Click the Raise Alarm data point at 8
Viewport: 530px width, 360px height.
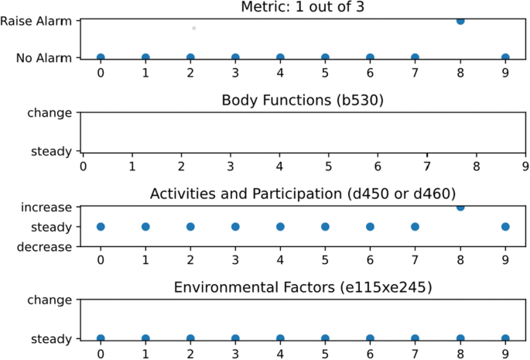[460, 20]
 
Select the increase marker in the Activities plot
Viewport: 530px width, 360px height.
[460, 207]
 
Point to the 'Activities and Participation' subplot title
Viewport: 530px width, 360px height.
[303, 194]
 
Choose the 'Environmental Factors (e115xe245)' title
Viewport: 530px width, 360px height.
[303, 287]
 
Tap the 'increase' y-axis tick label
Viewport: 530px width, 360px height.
[46, 207]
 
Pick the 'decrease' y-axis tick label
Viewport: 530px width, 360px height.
[45, 247]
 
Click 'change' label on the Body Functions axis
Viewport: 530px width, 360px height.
[50, 113]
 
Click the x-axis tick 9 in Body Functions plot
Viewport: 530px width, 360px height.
[525, 164]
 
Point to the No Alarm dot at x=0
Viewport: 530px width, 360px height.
[101, 57]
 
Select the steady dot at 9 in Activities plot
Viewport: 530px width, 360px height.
[505, 227]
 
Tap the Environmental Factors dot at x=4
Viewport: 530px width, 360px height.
[280, 338]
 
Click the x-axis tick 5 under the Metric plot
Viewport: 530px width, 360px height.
[325, 72]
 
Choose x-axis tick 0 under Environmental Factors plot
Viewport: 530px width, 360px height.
[101, 353]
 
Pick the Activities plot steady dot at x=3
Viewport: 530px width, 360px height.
[235, 227]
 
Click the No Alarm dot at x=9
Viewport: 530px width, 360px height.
[505, 57]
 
